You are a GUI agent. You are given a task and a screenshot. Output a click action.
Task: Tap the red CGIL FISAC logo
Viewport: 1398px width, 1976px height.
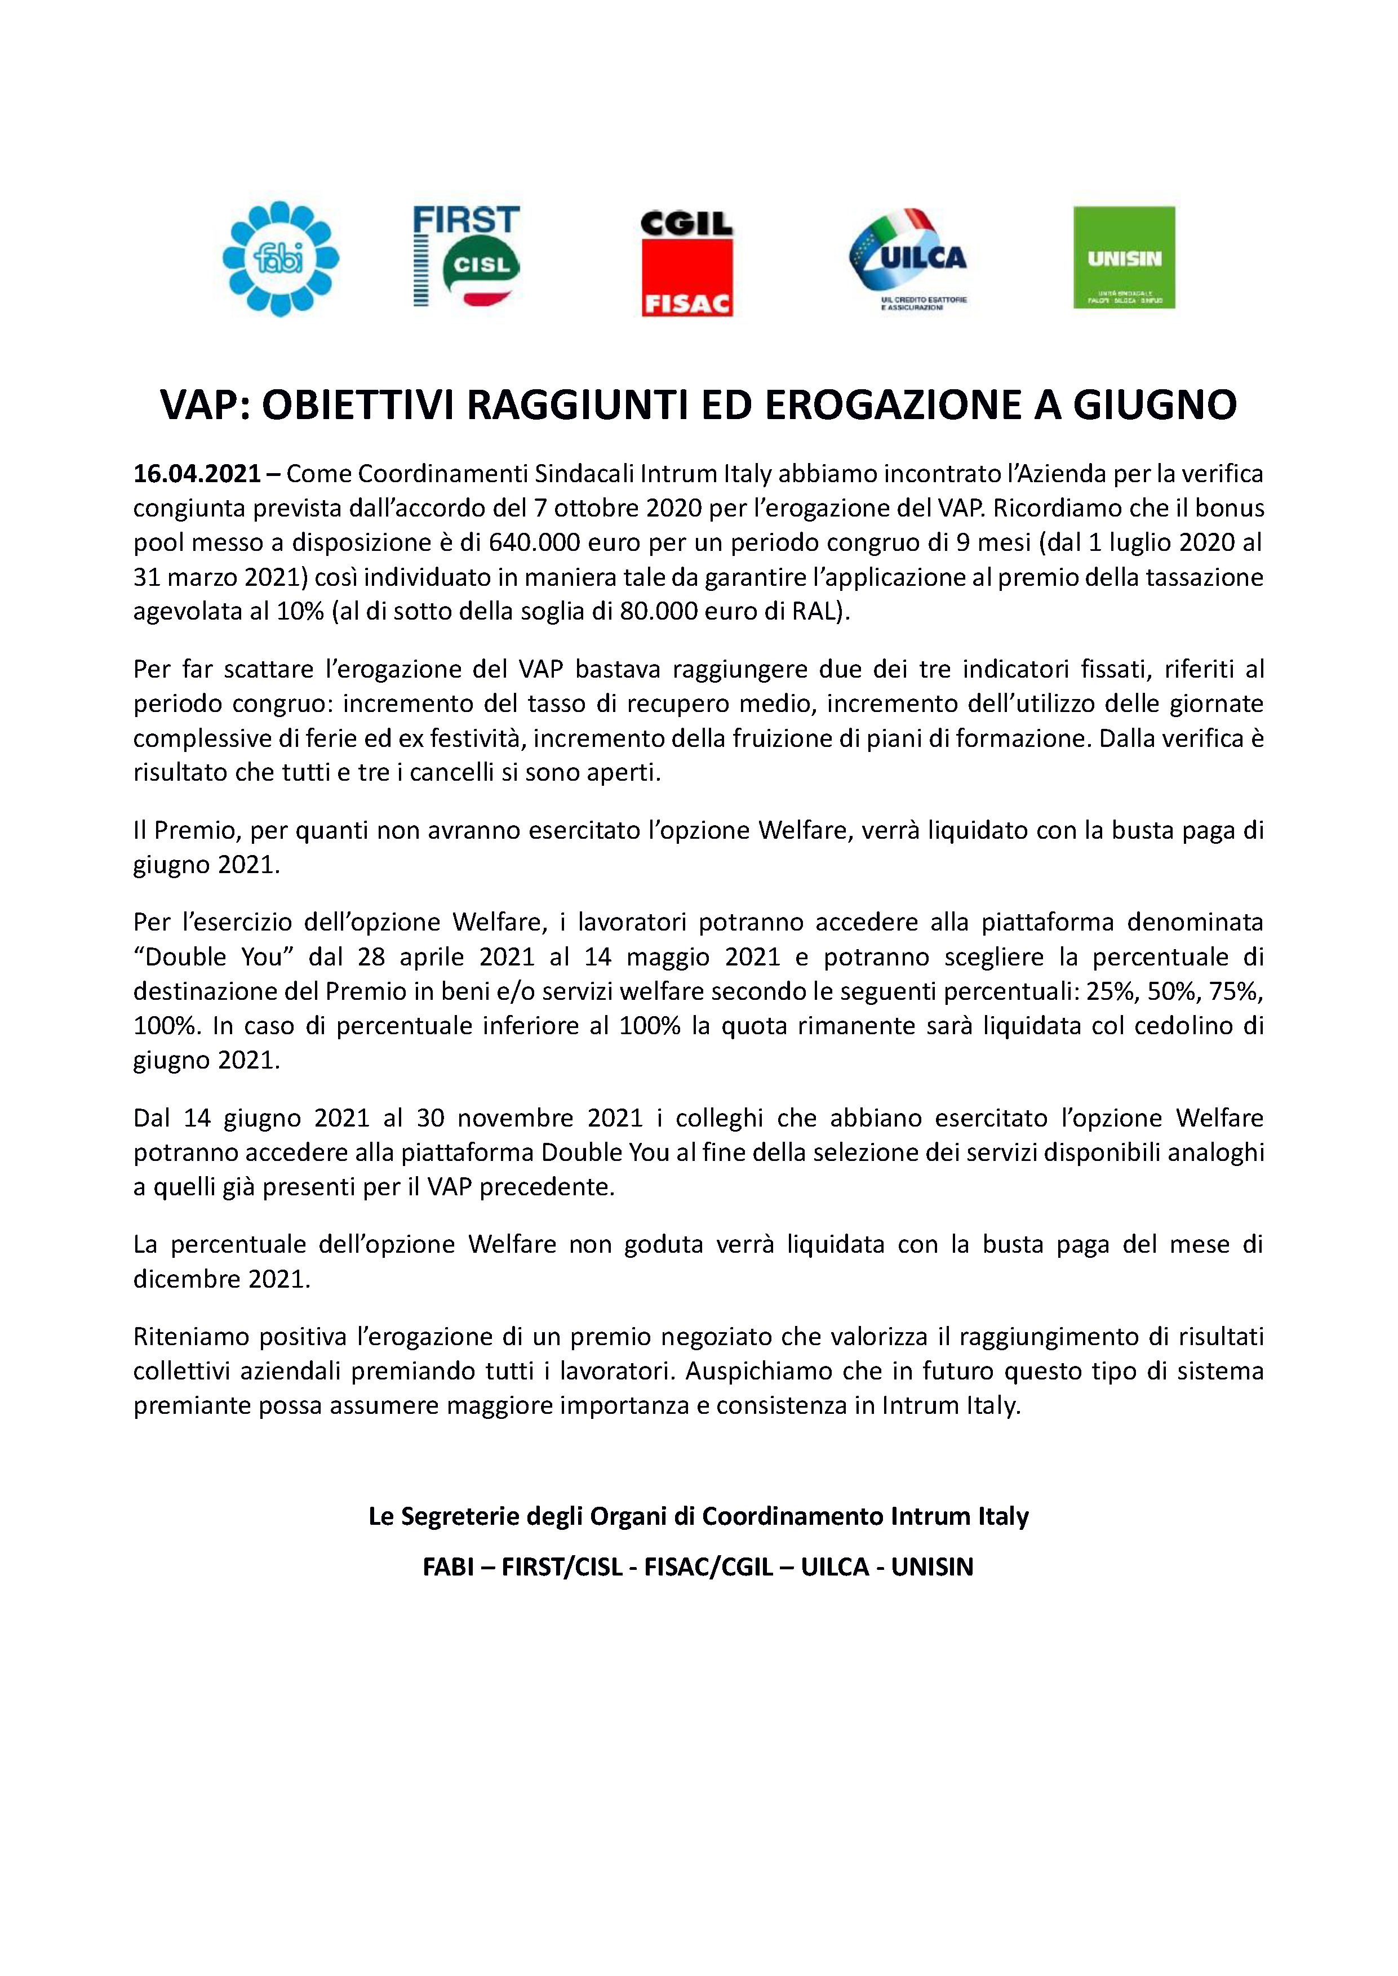coord(686,264)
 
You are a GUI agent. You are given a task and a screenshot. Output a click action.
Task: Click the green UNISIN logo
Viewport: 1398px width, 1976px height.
coord(1124,257)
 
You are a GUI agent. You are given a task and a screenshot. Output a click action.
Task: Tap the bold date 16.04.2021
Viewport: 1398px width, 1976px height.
coord(197,474)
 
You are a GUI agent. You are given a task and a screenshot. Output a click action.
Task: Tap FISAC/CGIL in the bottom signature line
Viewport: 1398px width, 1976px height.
coord(708,1567)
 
